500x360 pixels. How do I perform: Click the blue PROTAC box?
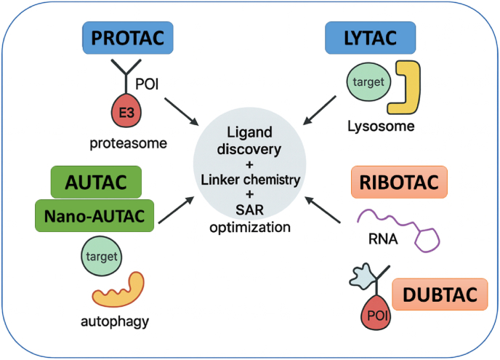pos(128,38)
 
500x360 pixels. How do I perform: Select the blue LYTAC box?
pos(370,38)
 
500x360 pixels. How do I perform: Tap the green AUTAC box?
pos(96,182)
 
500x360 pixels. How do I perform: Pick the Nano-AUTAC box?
pos(94,216)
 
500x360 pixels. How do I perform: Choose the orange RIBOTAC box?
pos(399,182)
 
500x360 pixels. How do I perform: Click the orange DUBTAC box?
pos(440,295)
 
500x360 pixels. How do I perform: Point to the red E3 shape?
pos(126,112)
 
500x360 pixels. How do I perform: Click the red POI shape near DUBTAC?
pos(376,313)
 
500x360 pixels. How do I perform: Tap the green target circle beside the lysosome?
pos(368,82)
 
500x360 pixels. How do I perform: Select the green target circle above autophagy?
pos(102,256)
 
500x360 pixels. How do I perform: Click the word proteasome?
pos(128,143)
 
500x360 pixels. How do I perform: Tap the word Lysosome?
pos(381,126)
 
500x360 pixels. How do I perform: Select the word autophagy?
pos(115,321)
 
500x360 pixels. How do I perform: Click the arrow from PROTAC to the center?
pos(182,112)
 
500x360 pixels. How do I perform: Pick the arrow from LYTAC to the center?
pos(320,110)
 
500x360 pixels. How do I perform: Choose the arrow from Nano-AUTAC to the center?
pos(177,209)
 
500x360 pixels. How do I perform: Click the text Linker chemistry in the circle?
pos(250,180)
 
